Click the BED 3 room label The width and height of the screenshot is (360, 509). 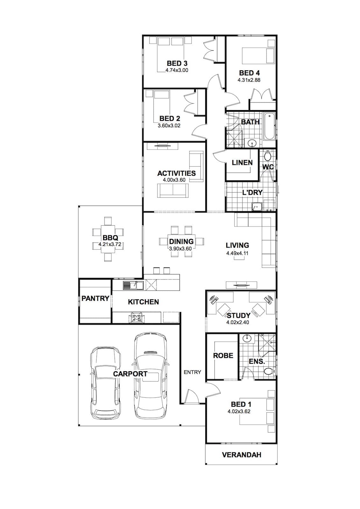[x=177, y=63]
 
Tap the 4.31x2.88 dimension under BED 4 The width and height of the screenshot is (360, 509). [x=249, y=80]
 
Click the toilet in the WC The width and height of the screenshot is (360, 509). [x=268, y=156]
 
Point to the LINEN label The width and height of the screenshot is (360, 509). [x=242, y=163]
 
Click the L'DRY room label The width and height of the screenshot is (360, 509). [x=252, y=192]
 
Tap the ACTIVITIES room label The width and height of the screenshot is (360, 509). [x=176, y=173]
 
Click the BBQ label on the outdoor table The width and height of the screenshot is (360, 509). [x=110, y=238]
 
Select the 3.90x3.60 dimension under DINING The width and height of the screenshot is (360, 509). [x=180, y=248]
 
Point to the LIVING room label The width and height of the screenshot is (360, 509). [x=237, y=245]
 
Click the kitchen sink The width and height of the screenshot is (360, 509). [x=133, y=285]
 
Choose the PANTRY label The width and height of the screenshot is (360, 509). [x=95, y=298]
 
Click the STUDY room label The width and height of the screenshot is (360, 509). [x=238, y=315]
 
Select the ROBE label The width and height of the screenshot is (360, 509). [x=223, y=356]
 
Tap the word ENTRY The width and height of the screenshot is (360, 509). [x=192, y=372]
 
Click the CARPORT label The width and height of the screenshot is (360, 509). [x=130, y=374]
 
